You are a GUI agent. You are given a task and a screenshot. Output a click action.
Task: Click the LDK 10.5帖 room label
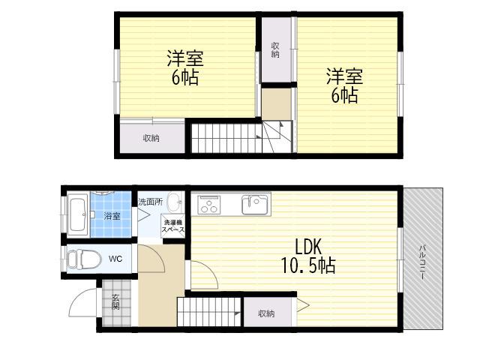point(308,256)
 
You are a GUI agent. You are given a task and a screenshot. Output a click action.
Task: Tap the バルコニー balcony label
point(423,262)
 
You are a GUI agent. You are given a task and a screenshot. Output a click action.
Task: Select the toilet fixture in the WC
point(83,259)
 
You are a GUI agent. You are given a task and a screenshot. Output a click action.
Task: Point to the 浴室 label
point(112,216)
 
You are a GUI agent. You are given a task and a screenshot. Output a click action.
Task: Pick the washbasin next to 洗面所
point(175,202)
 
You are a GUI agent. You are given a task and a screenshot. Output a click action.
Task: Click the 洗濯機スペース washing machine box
point(173,226)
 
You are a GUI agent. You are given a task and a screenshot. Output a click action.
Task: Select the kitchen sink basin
point(255,205)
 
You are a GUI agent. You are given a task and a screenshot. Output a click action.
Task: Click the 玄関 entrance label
point(115,301)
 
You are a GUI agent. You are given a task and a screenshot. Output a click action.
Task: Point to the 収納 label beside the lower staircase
point(266,313)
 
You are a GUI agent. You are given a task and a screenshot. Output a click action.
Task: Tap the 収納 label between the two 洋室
point(275,50)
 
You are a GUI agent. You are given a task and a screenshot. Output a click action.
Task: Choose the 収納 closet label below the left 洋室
point(151,138)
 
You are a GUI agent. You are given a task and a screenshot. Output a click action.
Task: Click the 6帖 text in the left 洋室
point(185,77)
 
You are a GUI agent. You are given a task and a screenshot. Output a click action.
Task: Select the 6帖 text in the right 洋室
point(344,95)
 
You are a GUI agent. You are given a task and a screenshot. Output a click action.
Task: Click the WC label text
point(115,259)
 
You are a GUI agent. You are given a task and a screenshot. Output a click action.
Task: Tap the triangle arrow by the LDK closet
point(303,305)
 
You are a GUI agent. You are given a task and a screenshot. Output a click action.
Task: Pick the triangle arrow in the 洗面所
point(143,214)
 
